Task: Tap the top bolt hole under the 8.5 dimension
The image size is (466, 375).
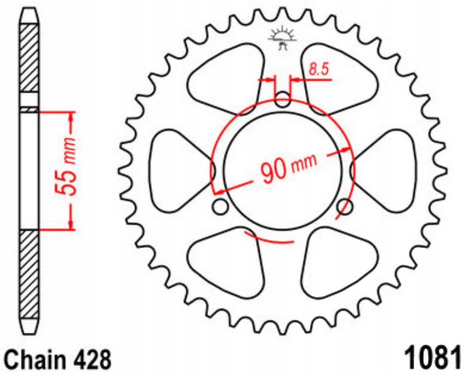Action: (282, 99)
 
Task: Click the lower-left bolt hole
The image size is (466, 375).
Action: (220, 206)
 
